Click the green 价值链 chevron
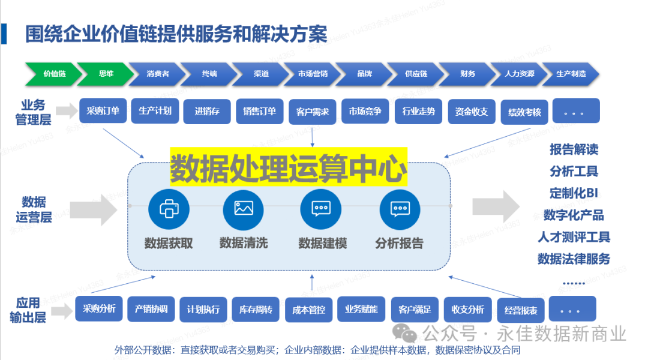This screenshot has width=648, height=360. pos(53,74)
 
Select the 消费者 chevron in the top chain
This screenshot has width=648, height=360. pos(157,74)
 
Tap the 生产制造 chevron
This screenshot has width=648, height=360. pos(570,74)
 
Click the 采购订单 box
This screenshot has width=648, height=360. pos(103,111)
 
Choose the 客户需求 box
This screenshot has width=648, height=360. pos(313,112)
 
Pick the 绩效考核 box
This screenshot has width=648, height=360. pos(524,112)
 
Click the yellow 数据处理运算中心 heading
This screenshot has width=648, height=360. pos(289,168)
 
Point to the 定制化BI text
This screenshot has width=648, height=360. pos(574,193)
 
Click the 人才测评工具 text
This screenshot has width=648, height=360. pos(574,237)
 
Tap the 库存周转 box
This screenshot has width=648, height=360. pos(255,310)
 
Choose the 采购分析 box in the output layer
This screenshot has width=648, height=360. pos(99,309)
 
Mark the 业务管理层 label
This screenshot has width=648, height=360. pos(33,112)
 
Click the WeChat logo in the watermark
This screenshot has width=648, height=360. pos(410,334)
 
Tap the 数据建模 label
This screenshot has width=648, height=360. pos(322,244)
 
